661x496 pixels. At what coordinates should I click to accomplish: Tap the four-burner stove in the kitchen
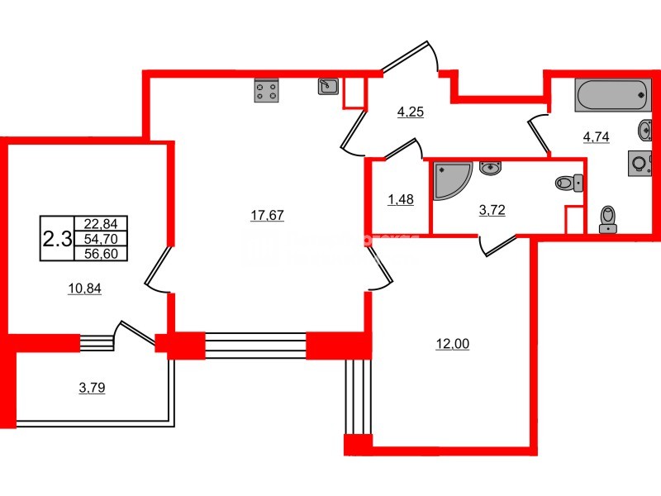click(266, 91)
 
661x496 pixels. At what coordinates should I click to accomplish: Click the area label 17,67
click(267, 216)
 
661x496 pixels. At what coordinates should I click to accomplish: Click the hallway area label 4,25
click(410, 112)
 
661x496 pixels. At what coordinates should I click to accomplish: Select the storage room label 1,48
click(399, 198)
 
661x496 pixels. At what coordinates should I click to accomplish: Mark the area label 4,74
click(596, 138)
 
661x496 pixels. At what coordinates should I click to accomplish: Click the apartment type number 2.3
click(57, 239)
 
